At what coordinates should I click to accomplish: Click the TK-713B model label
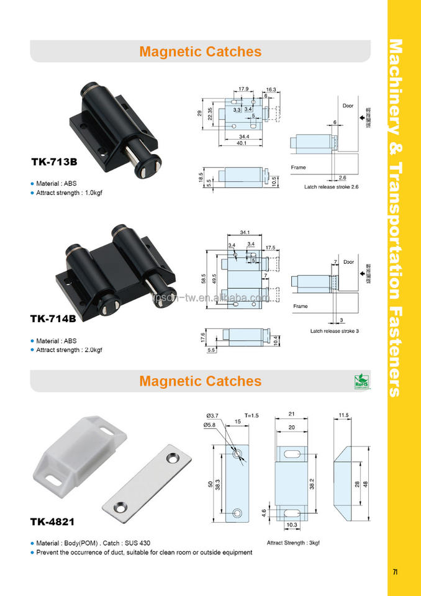pyautogui.click(x=54, y=162)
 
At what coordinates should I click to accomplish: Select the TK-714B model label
pyautogui.click(x=54, y=318)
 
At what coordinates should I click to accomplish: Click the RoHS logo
pyautogui.click(x=361, y=381)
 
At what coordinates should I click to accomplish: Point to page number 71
pyautogui.click(x=395, y=572)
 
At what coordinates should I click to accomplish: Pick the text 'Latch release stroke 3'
pyautogui.click(x=335, y=331)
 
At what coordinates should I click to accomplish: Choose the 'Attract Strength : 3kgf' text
pyautogui.click(x=293, y=543)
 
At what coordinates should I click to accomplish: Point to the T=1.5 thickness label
pyautogui.click(x=251, y=414)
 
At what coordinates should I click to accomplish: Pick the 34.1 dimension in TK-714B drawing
pyautogui.click(x=243, y=233)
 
